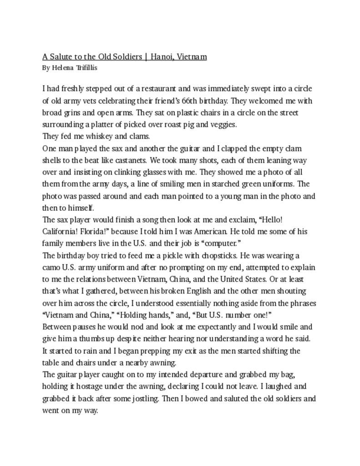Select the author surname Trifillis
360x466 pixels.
click(84, 68)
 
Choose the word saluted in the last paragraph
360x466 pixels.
click(227, 398)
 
